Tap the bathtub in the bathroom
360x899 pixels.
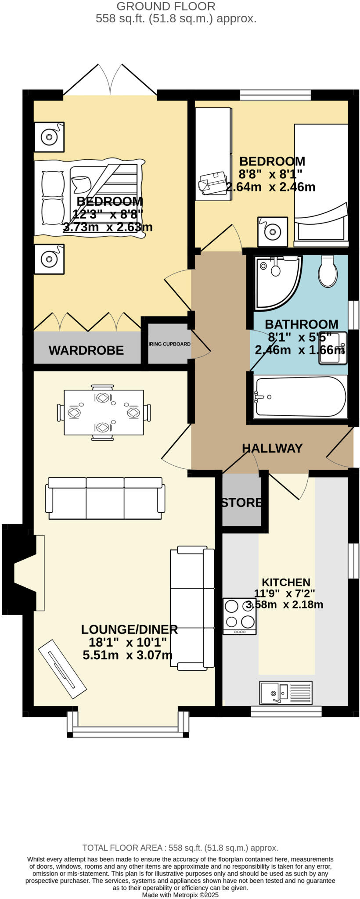click(301, 396)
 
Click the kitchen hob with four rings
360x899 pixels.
click(240, 616)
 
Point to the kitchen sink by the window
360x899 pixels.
click(285, 692)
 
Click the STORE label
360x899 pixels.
click(241, 503)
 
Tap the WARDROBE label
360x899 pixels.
click(86, 350)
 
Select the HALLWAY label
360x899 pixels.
click(272, 448)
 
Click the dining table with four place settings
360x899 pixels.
click(104, 412)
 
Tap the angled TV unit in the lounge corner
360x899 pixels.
click(62, 668)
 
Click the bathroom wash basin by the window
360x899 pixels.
click(332, 349)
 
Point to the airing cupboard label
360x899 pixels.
click(169, 344)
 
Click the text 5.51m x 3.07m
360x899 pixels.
click(127, 655)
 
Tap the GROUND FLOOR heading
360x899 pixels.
click(166, 7)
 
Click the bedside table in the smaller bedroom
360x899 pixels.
click(273, 231)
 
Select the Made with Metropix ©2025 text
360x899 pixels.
click(180, 895)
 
